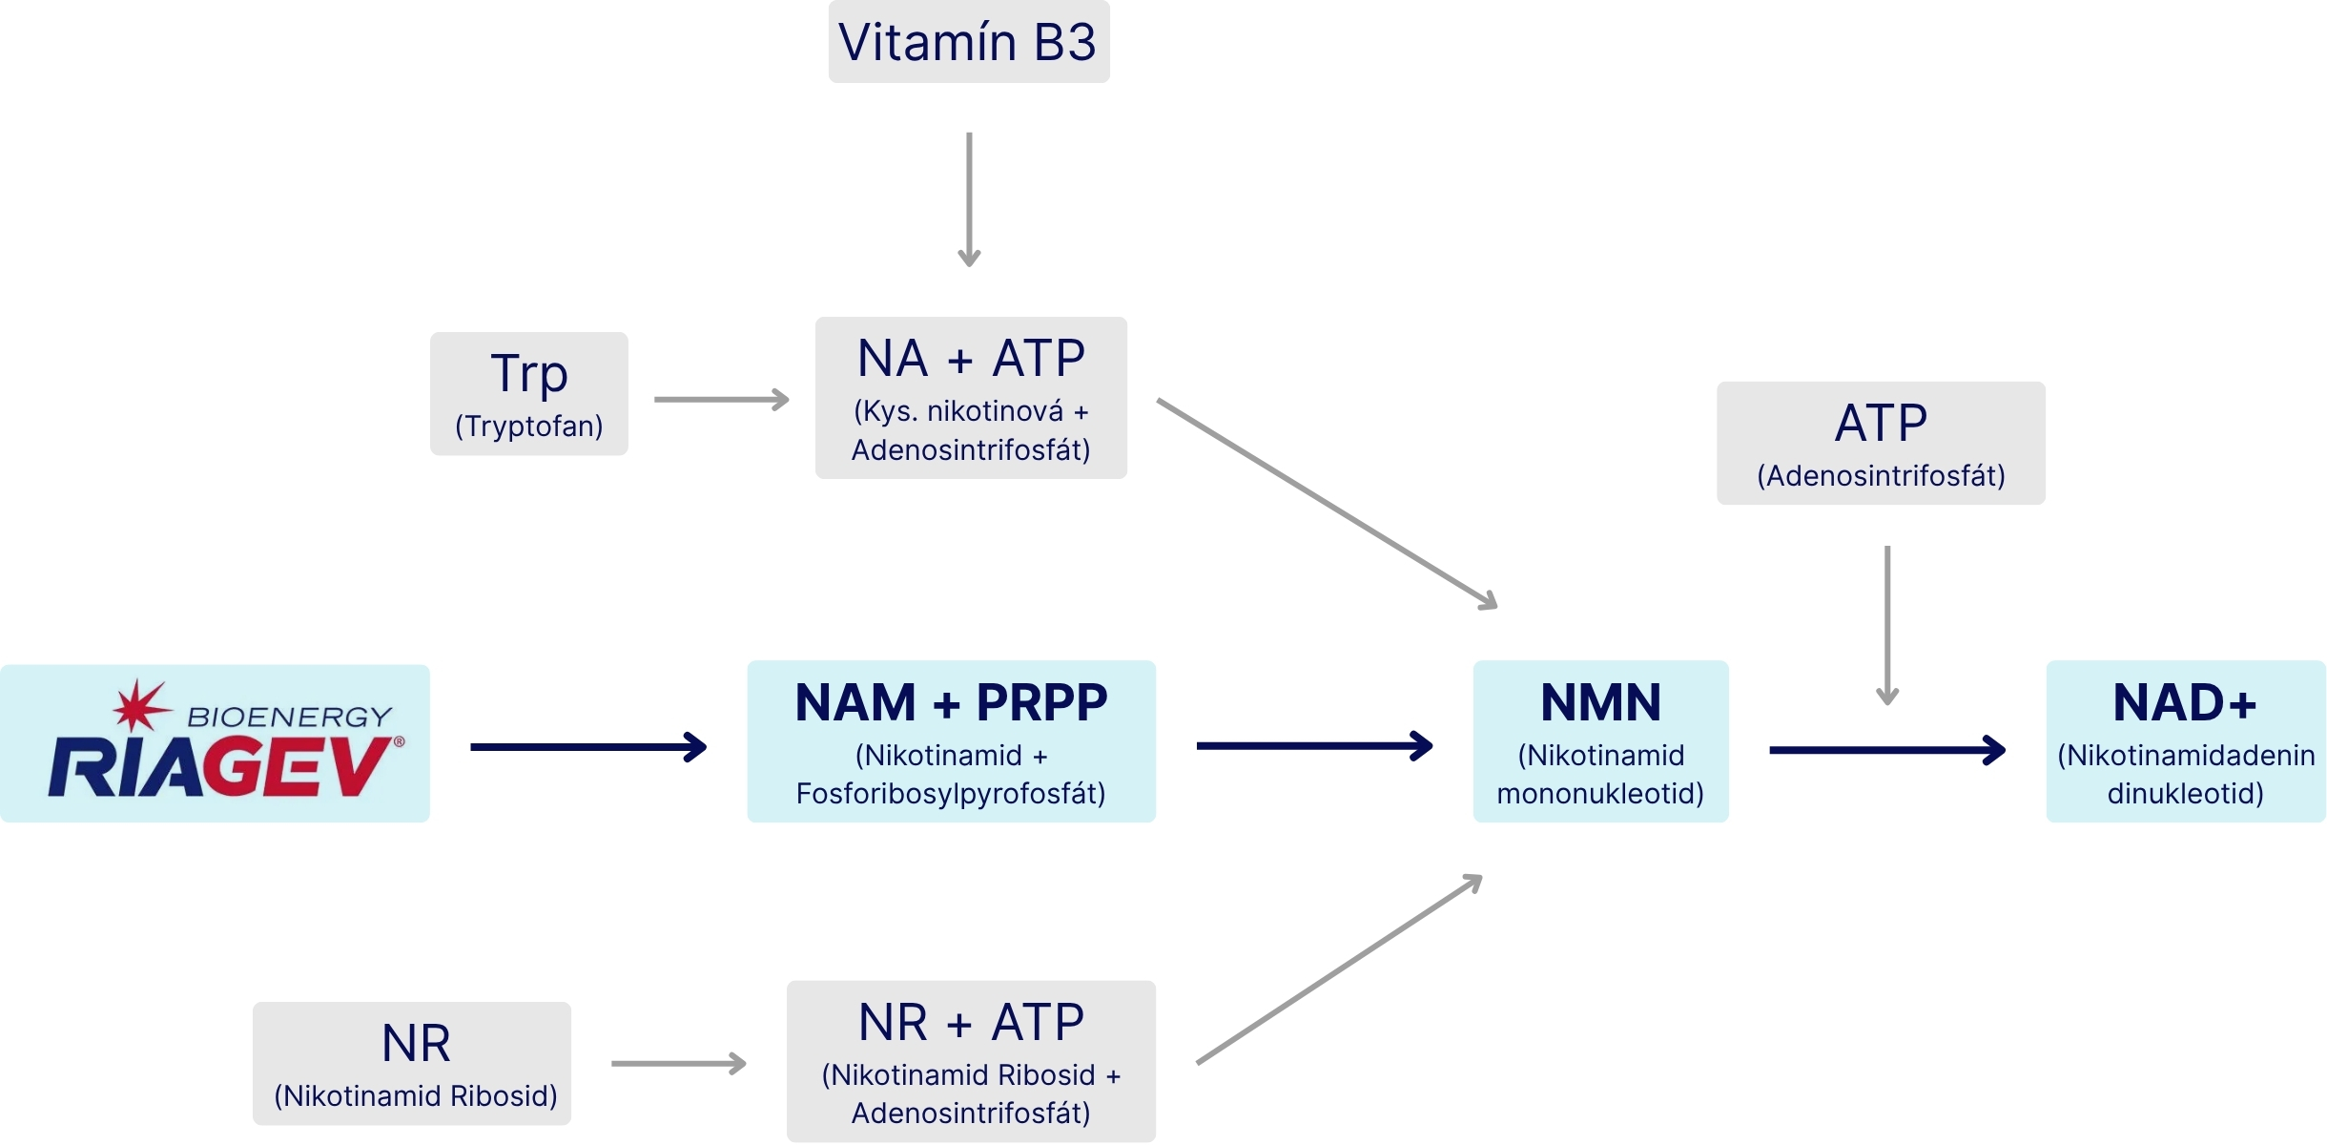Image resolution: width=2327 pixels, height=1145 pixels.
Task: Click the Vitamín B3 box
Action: [969, 42]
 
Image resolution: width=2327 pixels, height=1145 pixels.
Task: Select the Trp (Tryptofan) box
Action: [529, 394]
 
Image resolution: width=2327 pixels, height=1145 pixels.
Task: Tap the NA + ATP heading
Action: [971, 359]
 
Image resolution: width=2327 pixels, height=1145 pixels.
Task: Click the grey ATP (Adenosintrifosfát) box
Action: [1881, 444]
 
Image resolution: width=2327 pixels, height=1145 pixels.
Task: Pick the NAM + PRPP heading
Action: [951, 703]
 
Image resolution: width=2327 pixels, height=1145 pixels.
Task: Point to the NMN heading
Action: [1600, 703]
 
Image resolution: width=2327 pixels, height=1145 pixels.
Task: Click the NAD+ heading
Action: [2185, 703]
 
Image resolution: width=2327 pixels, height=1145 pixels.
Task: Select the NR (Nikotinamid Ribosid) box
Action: [412, 1064]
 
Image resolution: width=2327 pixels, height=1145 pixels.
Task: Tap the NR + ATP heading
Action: [971, 1023]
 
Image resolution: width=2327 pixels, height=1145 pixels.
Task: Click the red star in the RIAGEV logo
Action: [141, 706]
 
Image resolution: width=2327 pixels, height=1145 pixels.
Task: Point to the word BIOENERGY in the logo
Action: [289, 717]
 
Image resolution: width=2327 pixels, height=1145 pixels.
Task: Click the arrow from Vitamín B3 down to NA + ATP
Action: [969, 199]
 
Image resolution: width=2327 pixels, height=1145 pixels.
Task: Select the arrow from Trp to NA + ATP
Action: [722, 399]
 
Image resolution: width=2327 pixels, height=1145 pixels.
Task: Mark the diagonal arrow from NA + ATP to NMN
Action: [1328, 504]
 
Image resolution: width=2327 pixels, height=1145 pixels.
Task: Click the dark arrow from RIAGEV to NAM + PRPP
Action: [588, 746]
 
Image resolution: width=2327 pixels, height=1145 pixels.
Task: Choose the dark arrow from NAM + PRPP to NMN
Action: [1315, 745]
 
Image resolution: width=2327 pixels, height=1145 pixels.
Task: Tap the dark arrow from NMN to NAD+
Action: [1887, 750]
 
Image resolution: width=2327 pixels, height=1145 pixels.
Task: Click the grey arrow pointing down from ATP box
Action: [1887, 626]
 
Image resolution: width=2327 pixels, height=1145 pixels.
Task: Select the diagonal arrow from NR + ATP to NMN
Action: [1340, 968]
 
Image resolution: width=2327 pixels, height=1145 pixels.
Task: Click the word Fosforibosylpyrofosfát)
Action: [951, 794]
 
